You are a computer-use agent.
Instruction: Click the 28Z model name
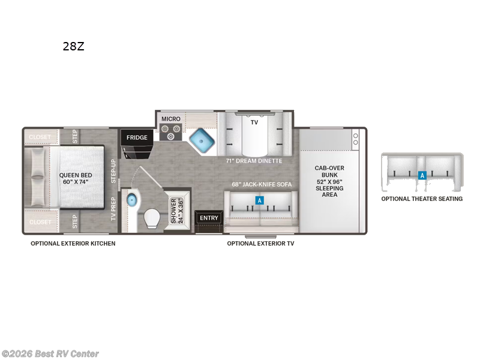(x=73, y=46)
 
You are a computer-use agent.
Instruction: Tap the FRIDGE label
(x=137, y=137)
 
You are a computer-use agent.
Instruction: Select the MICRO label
(x=170, y=119)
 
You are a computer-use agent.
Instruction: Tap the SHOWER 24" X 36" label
(x=177, y=211)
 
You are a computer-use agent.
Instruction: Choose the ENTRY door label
(x=209, y=218)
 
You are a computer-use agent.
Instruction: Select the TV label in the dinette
(x=254, y=122)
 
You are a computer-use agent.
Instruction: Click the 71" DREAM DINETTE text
(x=254, y=161)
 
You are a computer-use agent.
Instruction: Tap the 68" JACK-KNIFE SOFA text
(x=262, y=184)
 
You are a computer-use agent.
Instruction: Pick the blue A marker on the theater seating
(x=422, y=176)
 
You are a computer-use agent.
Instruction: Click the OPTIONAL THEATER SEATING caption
(x=422, y=199)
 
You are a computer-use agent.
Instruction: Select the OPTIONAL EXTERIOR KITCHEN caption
(x=73, y=244)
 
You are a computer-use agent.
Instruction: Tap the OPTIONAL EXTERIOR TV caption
(x=260, y=244)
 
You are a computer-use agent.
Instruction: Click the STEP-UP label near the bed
(x=113, y=172)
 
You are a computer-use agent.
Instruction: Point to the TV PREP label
(x=113, y=209)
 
